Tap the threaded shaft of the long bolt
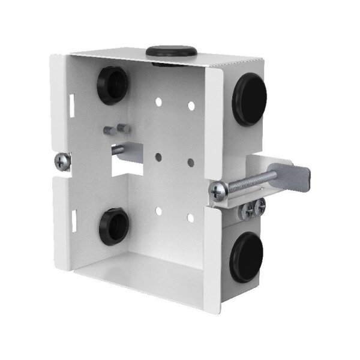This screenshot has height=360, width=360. [251, 181]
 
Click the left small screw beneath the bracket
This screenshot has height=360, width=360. [247, 211]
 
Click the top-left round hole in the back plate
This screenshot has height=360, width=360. [160, 102]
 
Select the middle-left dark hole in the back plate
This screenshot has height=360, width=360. [159, 157]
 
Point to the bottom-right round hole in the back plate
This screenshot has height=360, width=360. [190, 218]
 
